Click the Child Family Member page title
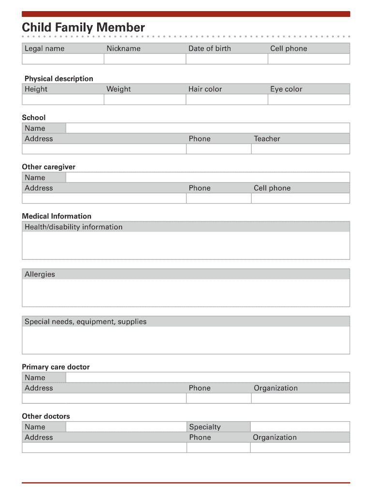click(83, 27)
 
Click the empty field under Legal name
click(63, 59)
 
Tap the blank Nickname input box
click(144, 59)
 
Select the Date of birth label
click(210, 48)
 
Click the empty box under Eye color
click(309, 99)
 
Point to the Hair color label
click(205, 89)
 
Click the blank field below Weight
click(144, 99)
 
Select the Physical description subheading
click(59, 79)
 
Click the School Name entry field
click(207, 128)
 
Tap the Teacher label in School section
click(267, 138)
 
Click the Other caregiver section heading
click(49, 167)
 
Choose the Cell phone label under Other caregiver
click(272, 188)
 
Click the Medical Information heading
click(57, 216)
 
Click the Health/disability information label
click(73, 227)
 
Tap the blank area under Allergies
click(186, 293)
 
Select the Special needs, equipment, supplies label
click(86, 321)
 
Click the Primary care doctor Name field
click(207, 377)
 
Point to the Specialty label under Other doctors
click(205, 427)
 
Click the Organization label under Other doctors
click(275, 438)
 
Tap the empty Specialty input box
click(300, 427)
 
